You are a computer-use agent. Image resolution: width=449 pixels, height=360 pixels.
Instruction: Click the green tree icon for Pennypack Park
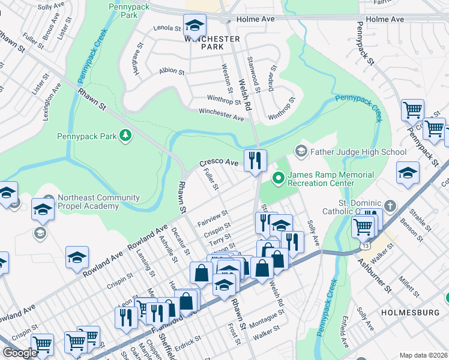click(126, 136)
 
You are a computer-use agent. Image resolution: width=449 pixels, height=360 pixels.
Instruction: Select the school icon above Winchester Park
click(194, 25)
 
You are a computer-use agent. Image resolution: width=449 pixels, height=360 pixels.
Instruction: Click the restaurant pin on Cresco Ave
click(255, 160)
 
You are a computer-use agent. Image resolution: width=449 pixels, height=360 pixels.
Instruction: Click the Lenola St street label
click(167, 28)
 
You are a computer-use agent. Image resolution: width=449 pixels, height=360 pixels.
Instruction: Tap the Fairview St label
click(213, 217)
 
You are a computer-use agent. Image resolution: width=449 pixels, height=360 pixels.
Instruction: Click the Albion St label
click(172, 71)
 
